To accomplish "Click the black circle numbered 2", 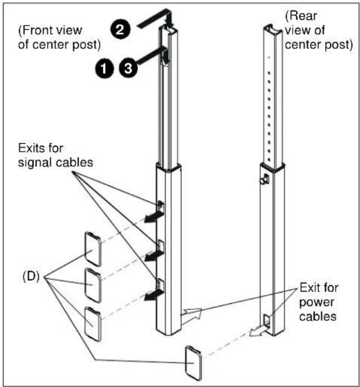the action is pos(120,29).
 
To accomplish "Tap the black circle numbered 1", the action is pos(105,68).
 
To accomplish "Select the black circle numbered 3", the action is pos(128,68).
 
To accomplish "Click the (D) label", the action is pos(31,277).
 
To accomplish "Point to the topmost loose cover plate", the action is pos(93,249).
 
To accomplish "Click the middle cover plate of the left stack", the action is pos(93,285).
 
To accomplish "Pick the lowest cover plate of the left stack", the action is pos(93,324).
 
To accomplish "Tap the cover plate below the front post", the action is pos(193,363).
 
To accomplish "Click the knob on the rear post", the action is pos(264,179).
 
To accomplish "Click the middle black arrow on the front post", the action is pos(154,255).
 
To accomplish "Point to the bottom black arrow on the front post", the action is pos(154,294).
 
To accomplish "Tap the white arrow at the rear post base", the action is pos(258,330).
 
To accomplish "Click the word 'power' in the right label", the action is pos(317,303).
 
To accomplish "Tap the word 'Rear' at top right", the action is pos(301,16).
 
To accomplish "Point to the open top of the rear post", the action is pos(273,29).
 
